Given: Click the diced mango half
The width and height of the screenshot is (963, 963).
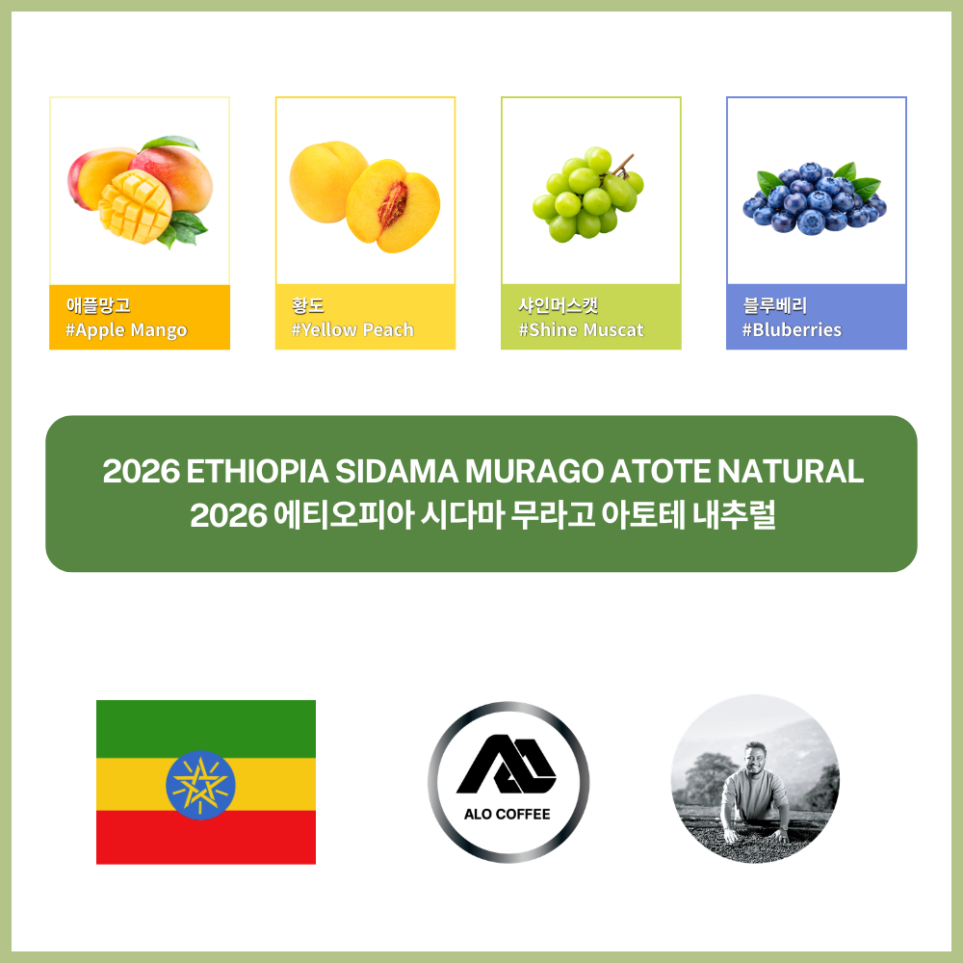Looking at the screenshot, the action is point(135,207).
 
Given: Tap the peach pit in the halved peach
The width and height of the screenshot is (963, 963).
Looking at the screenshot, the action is point(393,204).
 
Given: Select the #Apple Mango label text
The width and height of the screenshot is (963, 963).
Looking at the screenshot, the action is point(126,330).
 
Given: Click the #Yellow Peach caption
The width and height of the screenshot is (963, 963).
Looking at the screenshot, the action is point(352,329).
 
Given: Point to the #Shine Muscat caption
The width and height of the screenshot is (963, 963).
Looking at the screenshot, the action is point(581,329).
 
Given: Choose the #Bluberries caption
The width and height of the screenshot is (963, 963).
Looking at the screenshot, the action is point(792,329).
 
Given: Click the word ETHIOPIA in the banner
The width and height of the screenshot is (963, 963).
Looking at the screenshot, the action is point(257,472).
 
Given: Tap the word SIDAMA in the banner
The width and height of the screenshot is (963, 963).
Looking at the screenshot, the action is point(397,472).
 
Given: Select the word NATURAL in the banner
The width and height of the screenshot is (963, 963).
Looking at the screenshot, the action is point(791,472).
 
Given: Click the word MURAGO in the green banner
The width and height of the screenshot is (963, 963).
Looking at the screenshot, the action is point(534,472).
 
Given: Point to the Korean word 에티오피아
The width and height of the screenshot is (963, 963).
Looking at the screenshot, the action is point(344,514).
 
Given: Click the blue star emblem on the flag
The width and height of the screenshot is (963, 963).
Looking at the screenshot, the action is point(200,785).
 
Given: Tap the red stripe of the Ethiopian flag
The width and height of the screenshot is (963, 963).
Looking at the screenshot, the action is point(206,837).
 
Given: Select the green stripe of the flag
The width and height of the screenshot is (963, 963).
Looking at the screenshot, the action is point(206,729).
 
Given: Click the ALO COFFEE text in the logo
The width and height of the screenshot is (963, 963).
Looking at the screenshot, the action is point(508,815).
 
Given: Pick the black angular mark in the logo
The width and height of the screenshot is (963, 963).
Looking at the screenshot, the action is point(507,764).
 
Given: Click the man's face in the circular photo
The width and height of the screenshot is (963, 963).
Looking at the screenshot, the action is point(755,756).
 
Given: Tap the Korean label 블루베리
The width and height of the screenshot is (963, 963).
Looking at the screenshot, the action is point(774,305).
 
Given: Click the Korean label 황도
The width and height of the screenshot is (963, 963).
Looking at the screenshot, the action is point(308,305).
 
